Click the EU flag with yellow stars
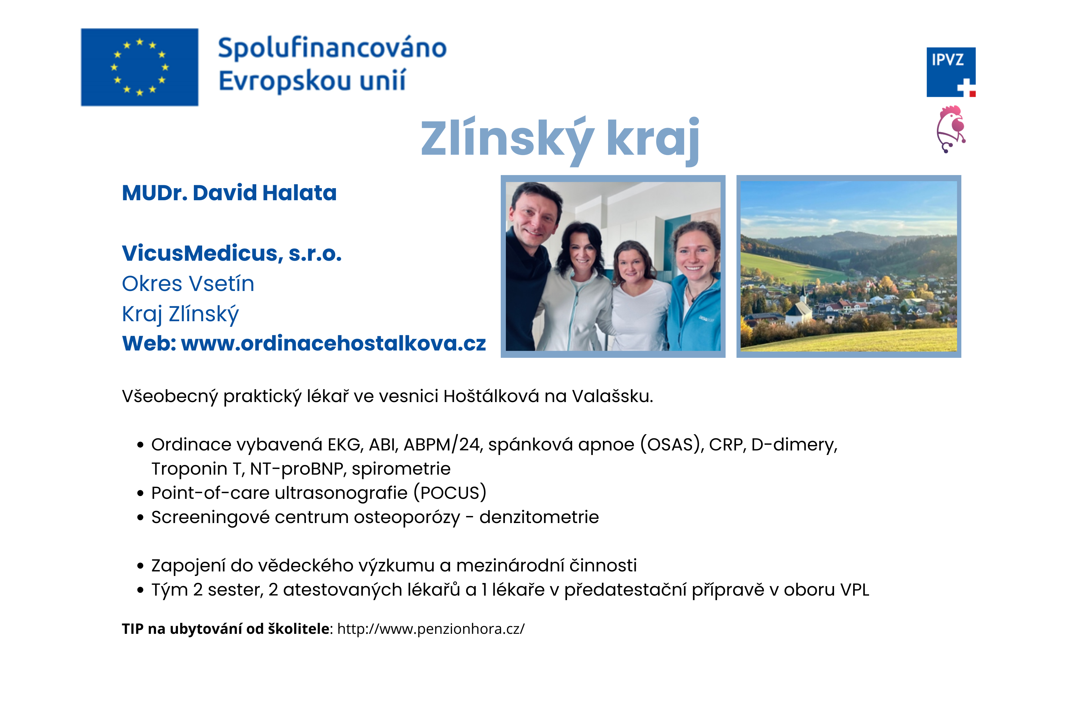pos(139,67)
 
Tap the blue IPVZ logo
pos(951,72)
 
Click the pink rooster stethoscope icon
pos(951,129)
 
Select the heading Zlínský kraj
pos(560,138)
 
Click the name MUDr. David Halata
pos(229,193)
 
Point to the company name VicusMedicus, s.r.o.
pos(232,253)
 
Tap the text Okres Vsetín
pos(188,284)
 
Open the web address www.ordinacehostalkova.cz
pos(333,343)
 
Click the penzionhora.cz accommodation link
pos(430,629)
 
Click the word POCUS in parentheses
pos(450,493)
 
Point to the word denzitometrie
pos(539,517)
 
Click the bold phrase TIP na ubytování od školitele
pos(226,629)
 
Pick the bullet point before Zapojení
pos(140,566)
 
